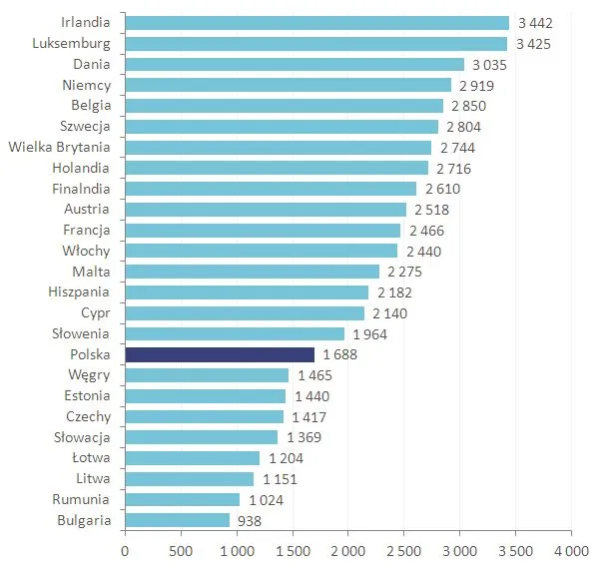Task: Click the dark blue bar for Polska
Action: (x=220, y=354)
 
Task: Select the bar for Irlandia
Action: (x=316, y=22)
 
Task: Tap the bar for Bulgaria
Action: (x=177, y=520)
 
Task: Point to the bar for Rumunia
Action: (x=182, y=499)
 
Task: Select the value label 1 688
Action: (x=340, y=354)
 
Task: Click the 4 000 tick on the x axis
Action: (x=571, y=550)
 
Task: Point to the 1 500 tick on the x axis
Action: (x=292, y=550)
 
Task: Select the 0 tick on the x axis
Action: (x=125, y=550)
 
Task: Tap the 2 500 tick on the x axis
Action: (x=403, y=550)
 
